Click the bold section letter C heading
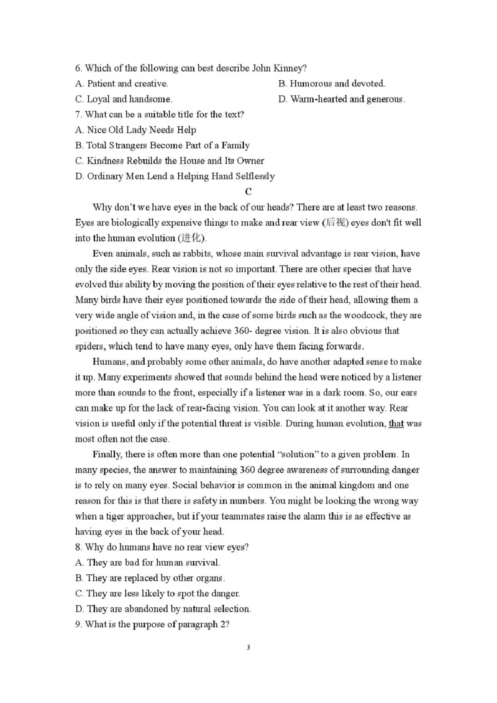248,191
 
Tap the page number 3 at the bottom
248,648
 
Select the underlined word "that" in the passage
396,423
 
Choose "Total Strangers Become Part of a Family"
162,145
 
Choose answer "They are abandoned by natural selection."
163,609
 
